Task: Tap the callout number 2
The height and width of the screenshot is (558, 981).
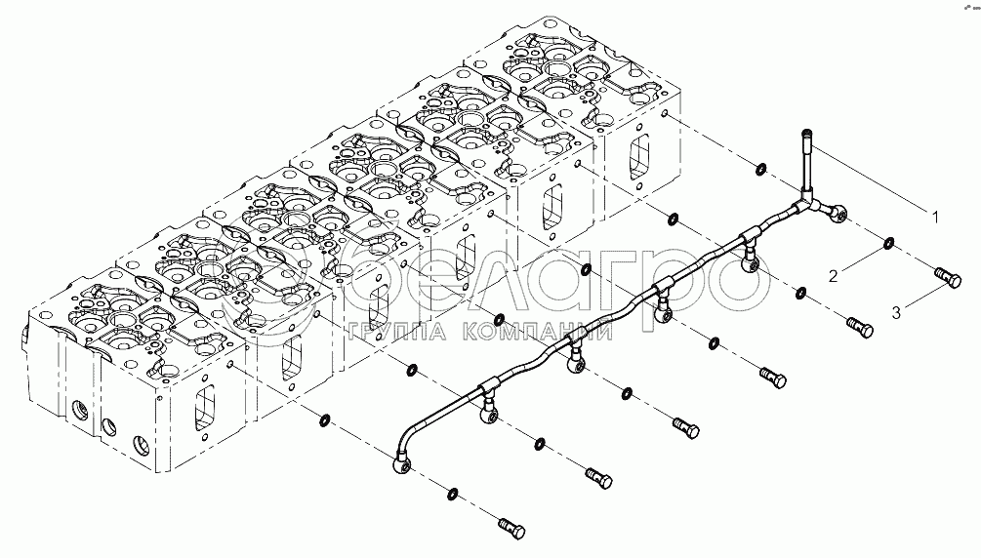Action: (833, 276)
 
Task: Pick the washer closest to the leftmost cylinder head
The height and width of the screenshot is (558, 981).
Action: (323, 421)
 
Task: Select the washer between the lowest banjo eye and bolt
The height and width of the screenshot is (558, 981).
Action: (453, 494)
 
